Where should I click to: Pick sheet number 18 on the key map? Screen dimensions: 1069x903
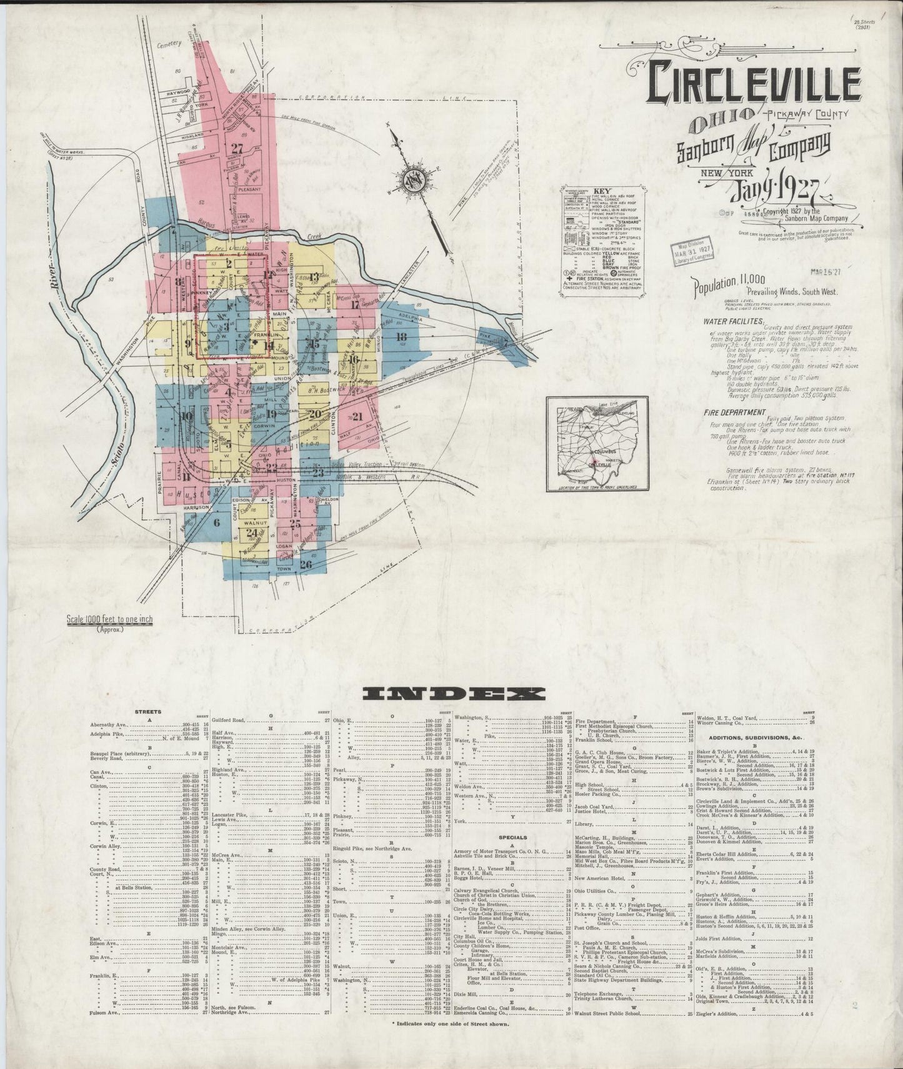[x=401, y=336]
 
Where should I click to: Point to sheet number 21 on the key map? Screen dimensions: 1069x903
[x=358, y=417]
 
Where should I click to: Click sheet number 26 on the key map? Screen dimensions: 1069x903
[x=306, y=565]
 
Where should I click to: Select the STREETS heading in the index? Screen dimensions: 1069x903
[x=148, y=711]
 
